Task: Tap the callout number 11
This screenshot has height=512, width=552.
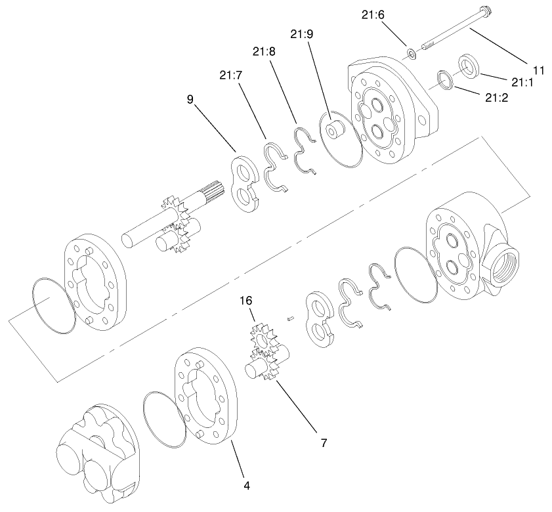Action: coord(538,69)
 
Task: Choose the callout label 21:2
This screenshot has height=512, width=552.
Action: coord(497,98)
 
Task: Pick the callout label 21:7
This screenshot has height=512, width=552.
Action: coord(231,75)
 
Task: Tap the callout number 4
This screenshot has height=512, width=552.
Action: coord(246,486)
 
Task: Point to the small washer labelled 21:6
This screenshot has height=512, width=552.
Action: coord(410,53)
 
